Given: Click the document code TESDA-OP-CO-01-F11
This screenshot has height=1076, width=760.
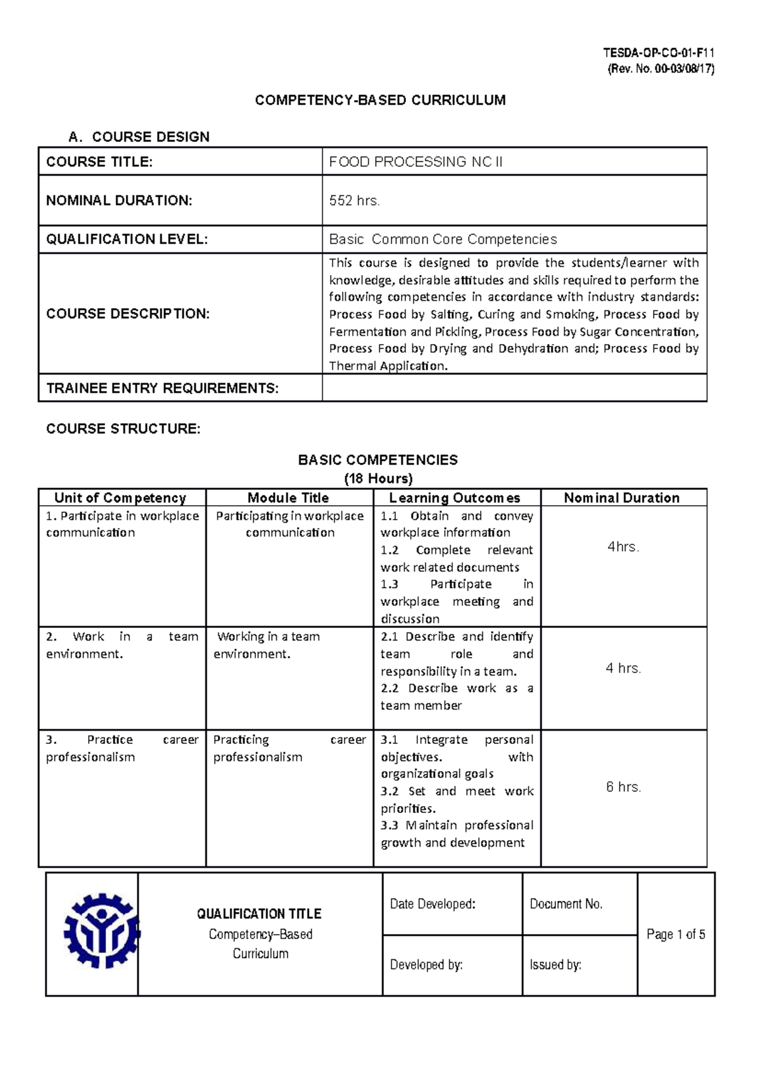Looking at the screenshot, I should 659,54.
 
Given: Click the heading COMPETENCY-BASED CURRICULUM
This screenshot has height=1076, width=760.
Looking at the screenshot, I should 380,100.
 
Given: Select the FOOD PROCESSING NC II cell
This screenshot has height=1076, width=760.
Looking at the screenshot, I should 415,162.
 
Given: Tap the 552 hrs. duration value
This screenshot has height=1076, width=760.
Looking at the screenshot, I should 354,201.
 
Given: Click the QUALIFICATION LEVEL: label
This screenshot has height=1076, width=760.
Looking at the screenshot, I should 127,240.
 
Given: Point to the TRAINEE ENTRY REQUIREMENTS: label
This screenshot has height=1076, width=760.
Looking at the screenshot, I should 162,388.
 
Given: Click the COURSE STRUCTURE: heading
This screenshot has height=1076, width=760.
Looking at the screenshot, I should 123,429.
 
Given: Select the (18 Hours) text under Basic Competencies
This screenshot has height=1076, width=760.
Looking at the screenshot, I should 378,478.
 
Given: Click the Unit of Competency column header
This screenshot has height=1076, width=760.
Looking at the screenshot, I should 120,498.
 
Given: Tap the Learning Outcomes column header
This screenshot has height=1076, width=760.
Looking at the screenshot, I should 455,498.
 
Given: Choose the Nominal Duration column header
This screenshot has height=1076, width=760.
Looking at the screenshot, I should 621,498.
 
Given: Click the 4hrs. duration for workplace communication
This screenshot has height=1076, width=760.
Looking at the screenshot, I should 623,547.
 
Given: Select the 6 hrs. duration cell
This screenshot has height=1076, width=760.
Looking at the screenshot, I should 623,787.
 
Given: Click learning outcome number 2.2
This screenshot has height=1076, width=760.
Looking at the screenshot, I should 389,688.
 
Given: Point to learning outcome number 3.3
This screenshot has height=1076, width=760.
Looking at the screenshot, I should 389,826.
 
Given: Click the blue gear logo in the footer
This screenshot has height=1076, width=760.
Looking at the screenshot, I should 101,931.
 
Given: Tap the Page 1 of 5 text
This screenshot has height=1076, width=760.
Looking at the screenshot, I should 676,934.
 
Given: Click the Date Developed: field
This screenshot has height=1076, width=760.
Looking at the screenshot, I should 433,904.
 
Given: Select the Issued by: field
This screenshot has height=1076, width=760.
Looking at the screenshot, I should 555,965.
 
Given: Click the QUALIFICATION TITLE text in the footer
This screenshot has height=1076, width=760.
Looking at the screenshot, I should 259,914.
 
